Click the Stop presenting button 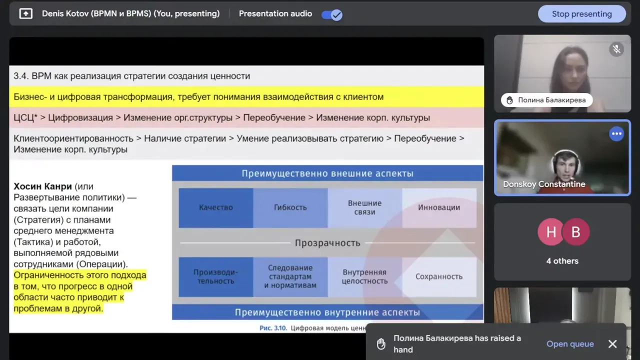[581, 14]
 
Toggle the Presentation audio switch [332, 14]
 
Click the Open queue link [570, 344]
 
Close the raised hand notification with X [612, 344]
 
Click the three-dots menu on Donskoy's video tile [616, 134]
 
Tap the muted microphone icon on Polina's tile [616, 49]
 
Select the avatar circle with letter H [551, 232]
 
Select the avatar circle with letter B [576, 232]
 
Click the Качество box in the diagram [216, 207]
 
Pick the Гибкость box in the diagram [290, 207]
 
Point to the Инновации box [439, 207]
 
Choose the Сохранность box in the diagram [439, 276]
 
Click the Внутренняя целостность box [364, 276]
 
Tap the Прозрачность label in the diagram [327, 243]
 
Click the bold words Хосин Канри [43, 186]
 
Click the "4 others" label [562, 261]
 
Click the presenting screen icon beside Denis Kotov [25, 14]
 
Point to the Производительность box [216, 276]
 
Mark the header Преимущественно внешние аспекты [327, 173]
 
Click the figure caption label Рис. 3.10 [273, 328]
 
